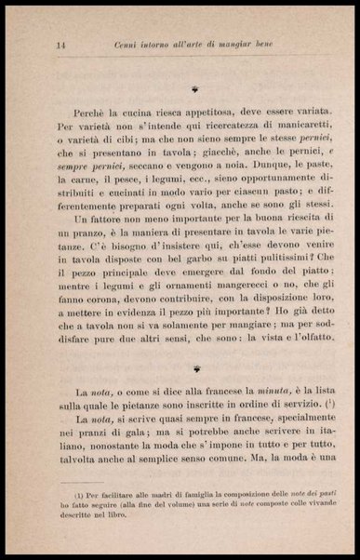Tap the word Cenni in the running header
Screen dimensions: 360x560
click(127, 45)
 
